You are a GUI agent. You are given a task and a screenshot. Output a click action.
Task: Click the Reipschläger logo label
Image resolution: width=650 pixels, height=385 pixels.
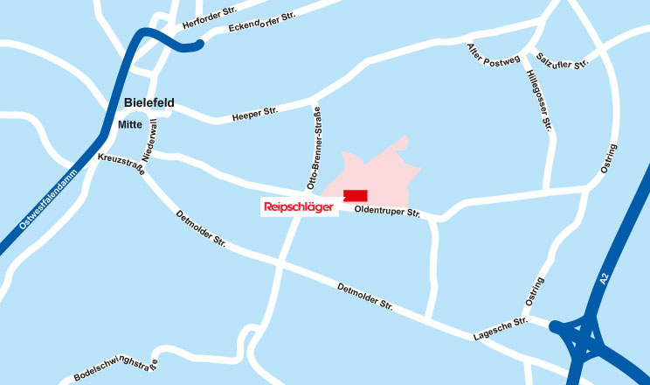[297, 207]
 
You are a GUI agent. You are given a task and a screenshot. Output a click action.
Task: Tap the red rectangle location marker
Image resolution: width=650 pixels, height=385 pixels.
[356, 196]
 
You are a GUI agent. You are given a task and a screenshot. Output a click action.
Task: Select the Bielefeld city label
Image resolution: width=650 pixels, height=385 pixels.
[149, 103]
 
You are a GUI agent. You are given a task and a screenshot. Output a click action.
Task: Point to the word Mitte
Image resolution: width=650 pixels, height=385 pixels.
[129, 125]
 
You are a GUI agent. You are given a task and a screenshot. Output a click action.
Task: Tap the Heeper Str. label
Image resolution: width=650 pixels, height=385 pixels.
[254, 113]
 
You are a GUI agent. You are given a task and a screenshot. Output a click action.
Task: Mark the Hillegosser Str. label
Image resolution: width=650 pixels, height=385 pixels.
[540, 101]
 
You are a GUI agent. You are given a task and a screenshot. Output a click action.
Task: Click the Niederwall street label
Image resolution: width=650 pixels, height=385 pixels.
[149, 140]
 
